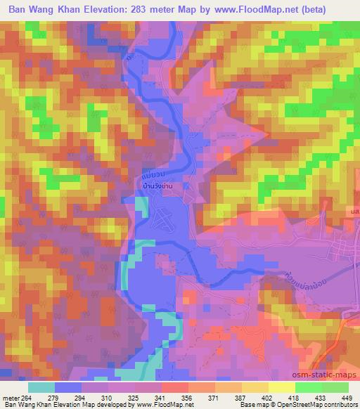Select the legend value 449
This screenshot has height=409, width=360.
point(346,398)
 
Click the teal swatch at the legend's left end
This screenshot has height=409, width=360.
point(41,387)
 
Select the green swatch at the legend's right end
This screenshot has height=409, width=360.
point(334,387)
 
